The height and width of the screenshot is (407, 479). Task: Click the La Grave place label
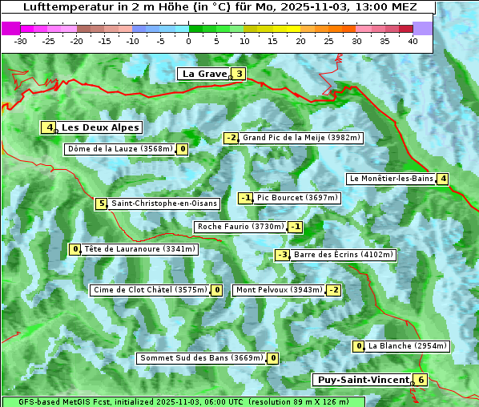204,74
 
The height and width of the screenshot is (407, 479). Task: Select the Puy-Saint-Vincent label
361,380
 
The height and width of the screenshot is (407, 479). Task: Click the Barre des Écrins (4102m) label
344,255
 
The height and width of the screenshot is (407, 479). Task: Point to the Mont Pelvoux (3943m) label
279,290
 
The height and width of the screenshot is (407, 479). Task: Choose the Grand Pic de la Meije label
302,138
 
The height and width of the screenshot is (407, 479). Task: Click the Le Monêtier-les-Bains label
390,179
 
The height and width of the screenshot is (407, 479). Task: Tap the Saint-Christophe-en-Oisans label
163,203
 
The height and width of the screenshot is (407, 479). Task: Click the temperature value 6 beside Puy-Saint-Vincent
421,380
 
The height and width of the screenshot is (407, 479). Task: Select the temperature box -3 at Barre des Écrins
282,255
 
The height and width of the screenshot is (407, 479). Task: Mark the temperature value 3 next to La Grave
239,75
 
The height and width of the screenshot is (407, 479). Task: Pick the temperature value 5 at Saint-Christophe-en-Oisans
101,203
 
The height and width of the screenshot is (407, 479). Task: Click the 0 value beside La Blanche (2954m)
360,346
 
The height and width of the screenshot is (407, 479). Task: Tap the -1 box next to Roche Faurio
296,227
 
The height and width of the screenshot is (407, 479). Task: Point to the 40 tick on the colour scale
413,41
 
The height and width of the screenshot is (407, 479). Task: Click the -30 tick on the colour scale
21,41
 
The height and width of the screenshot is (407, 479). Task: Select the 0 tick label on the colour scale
188,41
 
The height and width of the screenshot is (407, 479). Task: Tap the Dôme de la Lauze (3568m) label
120,149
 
